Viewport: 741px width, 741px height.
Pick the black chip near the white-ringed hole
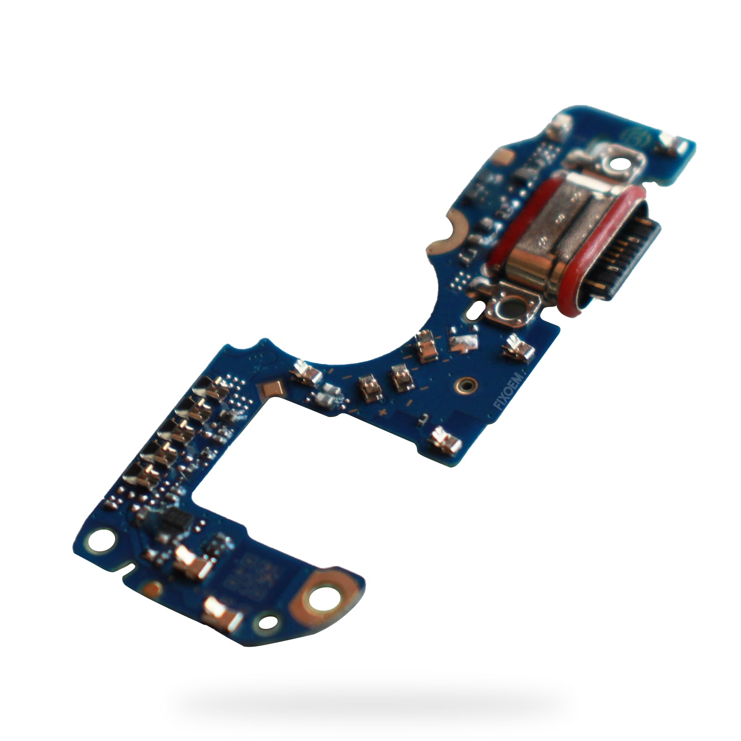[175, 519]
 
